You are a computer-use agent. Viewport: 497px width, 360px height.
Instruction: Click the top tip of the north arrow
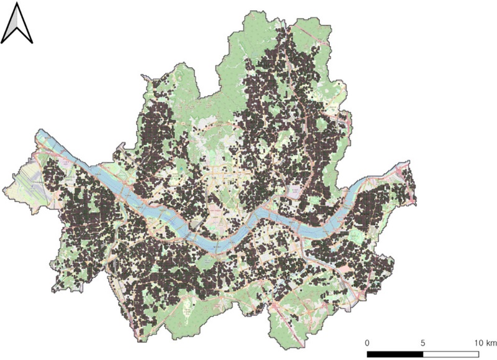pyautogui.click(x=17, y=3)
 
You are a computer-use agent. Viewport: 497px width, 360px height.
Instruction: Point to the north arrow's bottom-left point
pyautogui.click(x=2, y=42)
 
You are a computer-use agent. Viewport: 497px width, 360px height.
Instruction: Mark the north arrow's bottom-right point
pyautogui.click(x=32, y=42)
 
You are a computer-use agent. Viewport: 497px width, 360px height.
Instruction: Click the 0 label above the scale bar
pyautogui.click(x=367, y=343)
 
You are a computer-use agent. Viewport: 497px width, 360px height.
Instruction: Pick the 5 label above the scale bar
pyautogui.click(x=423, y=343)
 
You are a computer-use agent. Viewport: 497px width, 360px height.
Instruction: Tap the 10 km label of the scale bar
pyautogui.click(x=483, y=343)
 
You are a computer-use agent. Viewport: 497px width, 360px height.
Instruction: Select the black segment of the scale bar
pyautogui.click(x=395, y=354)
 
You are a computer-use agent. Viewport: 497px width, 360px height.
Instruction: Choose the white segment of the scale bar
pyautogui.click(x=450, y=354)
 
